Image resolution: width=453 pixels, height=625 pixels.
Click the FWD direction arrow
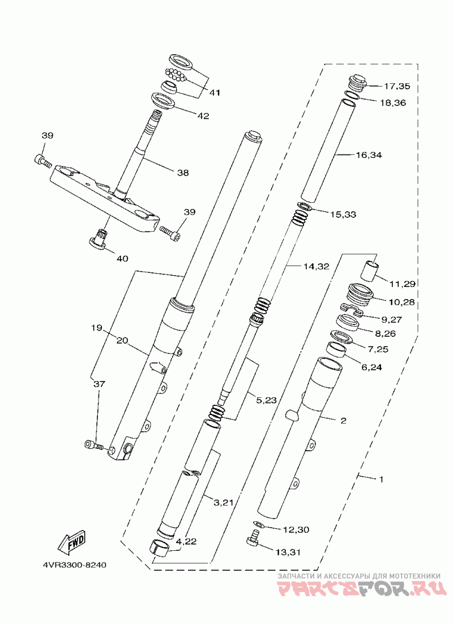tap(72, 542)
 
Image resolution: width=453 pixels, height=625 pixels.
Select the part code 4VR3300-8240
tap(75, 565)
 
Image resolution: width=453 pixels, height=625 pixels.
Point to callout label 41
tap(215, 92)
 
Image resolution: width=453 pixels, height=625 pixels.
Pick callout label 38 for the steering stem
tap(183, 173)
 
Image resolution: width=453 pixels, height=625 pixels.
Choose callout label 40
tap(122, 259)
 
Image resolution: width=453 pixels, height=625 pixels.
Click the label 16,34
tap(369, 155)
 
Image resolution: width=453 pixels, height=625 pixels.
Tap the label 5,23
tap(266, 400)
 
